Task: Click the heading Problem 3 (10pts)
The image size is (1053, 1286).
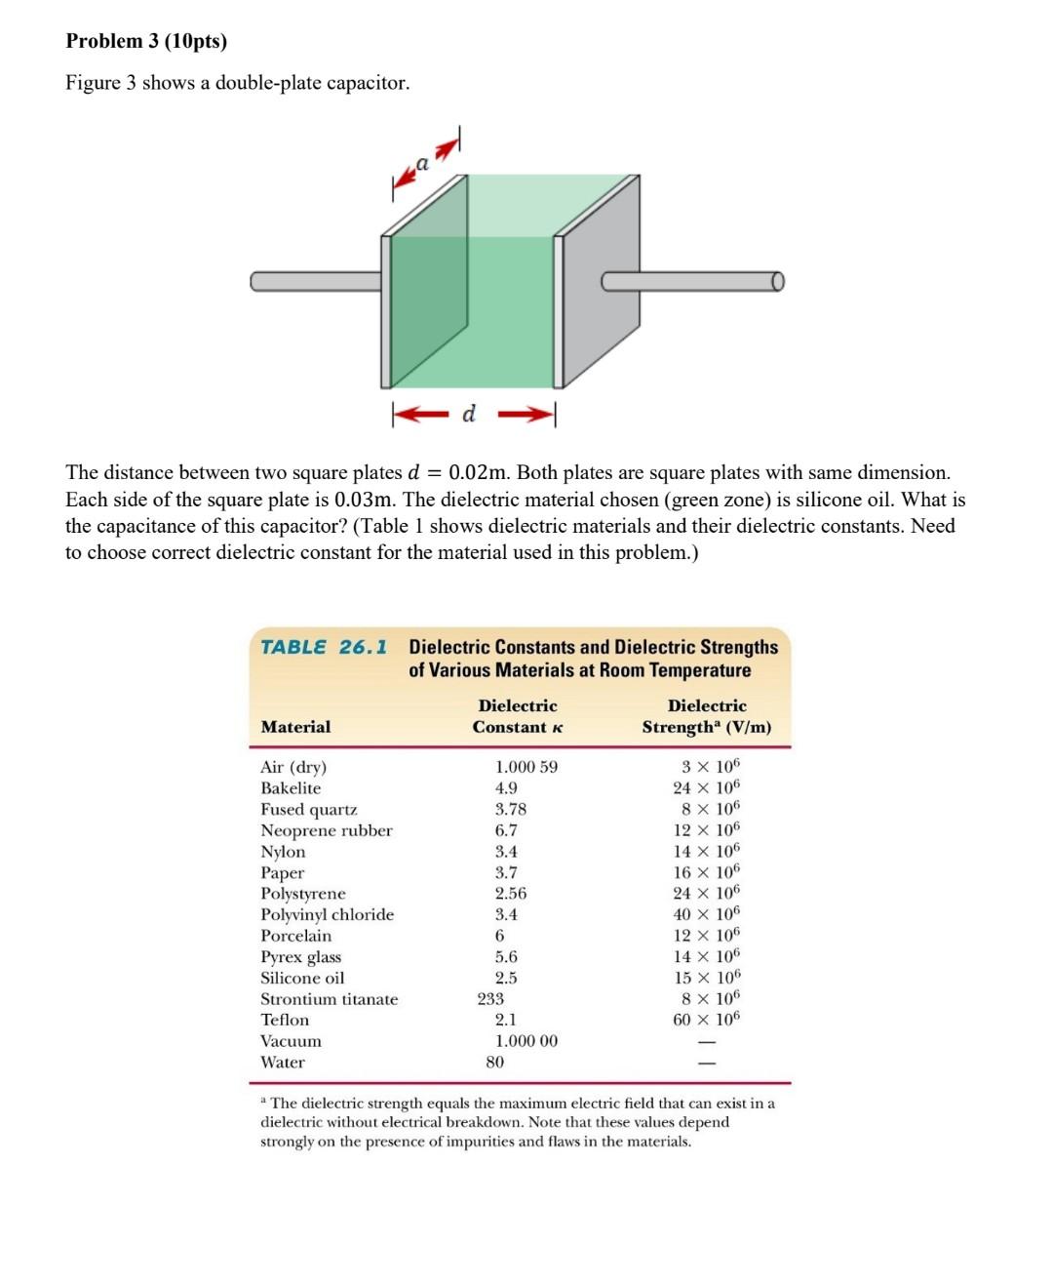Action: (146, 41)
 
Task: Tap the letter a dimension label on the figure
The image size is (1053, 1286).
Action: (422, 163)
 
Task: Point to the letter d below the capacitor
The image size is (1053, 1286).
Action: (469, 414)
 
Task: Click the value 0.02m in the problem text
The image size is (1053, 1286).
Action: (478, 473)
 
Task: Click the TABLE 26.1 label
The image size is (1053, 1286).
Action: (324, 647)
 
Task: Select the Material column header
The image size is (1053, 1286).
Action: (295, 727)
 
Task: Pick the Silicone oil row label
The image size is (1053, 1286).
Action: (302, 978)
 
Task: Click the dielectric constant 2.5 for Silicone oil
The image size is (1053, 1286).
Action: (506, 978)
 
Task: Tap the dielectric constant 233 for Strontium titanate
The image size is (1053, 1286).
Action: (490, 998)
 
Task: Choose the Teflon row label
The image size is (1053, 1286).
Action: (285, 1020)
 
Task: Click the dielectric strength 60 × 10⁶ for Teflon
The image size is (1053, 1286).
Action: (707, 1020)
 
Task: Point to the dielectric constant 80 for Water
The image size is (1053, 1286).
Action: (495, 1062)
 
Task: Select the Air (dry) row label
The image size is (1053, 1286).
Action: (293, 767)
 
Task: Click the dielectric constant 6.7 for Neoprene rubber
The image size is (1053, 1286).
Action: (506, 830)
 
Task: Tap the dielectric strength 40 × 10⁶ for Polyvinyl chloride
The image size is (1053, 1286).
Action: (707, 914)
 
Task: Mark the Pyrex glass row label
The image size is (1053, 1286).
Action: (300, 956)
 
